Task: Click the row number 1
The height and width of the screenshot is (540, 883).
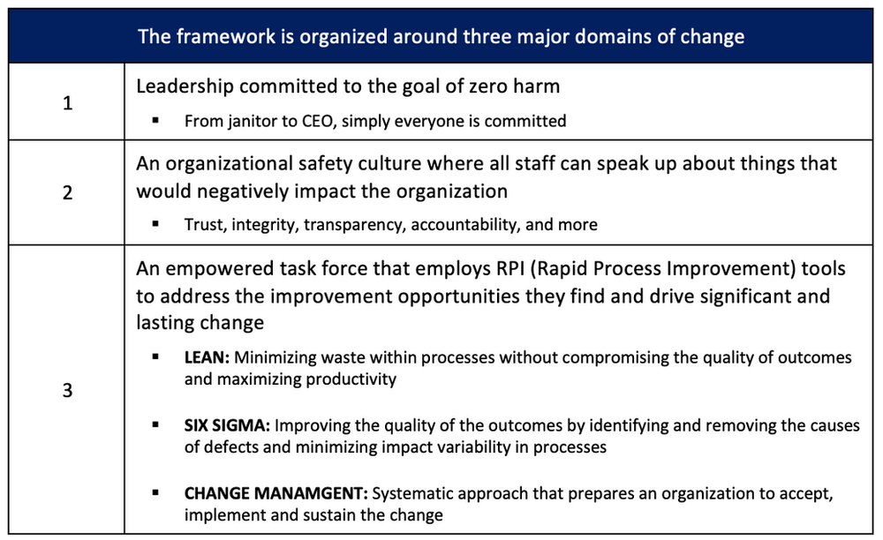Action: click(68, 103)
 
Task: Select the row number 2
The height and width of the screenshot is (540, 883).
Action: click(68, 192)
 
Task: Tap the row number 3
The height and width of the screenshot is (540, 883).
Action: click(68, 390)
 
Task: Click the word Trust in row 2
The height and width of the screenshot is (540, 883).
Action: click(204, 225)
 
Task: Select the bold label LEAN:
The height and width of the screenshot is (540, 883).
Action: click(207, 357)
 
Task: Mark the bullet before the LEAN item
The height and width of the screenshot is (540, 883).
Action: click(156, 357)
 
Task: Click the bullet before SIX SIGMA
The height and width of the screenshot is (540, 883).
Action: click(156, 425)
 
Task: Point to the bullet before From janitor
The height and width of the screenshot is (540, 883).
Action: click(156, 121)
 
